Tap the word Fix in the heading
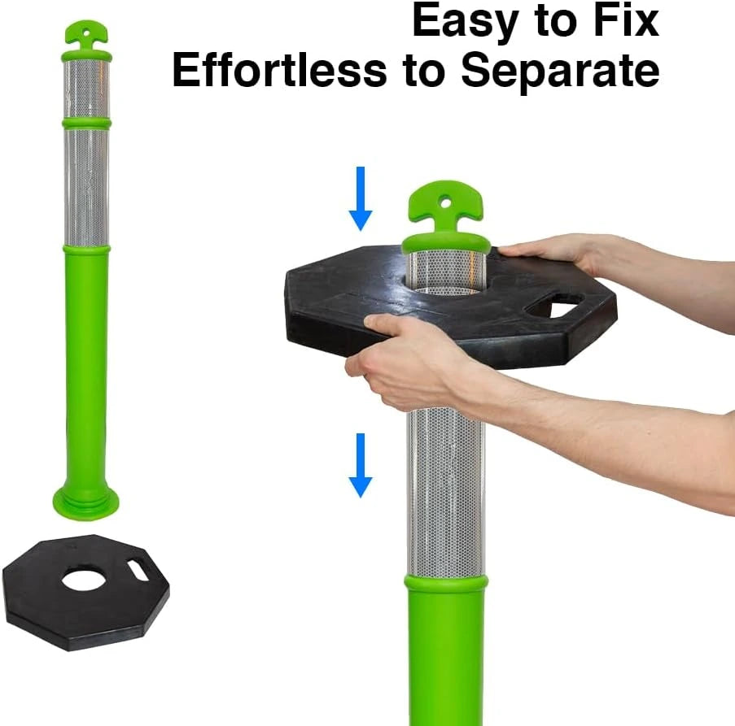pos(627,20)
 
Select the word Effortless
pos(279,70)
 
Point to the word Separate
pos(560,72)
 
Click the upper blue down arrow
pos(361,198)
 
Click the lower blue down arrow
pos(361,465)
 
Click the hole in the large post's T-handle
pos(446,203)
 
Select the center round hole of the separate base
pos(85,580)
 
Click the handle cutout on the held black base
pos(554,306)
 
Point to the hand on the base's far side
pos(558,253)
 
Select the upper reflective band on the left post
pos(87,89)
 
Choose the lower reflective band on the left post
pos(87,187)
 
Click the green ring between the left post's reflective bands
pos(87,124)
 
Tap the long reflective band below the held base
pos(445,493)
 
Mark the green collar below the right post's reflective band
pos(446,584)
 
